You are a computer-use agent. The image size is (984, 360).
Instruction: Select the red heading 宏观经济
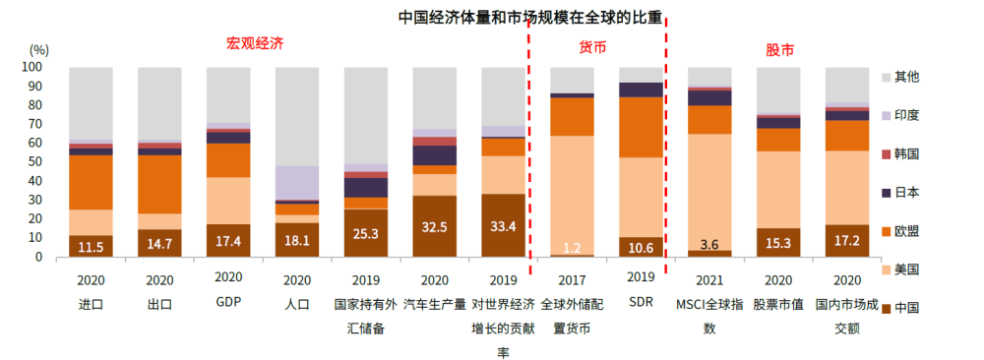pos(255,44)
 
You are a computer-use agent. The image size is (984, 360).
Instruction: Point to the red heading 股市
pos(779,49)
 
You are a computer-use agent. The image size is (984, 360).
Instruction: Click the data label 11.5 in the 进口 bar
pos(91,247)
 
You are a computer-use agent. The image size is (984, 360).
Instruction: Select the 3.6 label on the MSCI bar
pos(709,243)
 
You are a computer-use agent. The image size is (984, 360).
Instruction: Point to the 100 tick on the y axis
pos(31,67)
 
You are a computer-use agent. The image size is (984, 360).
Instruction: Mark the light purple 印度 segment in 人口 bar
pos(297,182)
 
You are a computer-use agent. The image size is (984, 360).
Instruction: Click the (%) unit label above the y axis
pos(39,48)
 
